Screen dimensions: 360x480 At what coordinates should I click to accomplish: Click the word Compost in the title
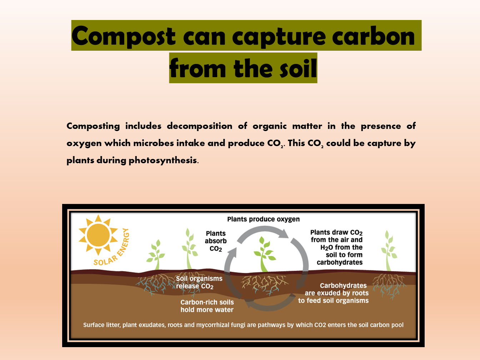point(124,36)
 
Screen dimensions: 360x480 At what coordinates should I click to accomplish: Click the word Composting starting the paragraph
point(93,126)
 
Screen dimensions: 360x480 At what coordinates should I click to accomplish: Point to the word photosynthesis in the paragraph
point(162,160)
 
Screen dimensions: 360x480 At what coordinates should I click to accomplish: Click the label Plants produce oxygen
point(263,219)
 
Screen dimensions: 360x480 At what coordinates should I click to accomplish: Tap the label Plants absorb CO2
point(216,241)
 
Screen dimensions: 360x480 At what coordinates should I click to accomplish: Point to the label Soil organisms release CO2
point(199,282)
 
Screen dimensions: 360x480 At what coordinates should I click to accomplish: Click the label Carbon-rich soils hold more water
point(207,306)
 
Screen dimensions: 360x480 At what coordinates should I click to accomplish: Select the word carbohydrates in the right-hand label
point(339,262)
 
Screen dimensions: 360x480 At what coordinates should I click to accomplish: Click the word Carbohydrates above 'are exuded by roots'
point(343,286)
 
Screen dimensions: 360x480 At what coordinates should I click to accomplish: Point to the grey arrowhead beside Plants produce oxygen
point(284,234)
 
